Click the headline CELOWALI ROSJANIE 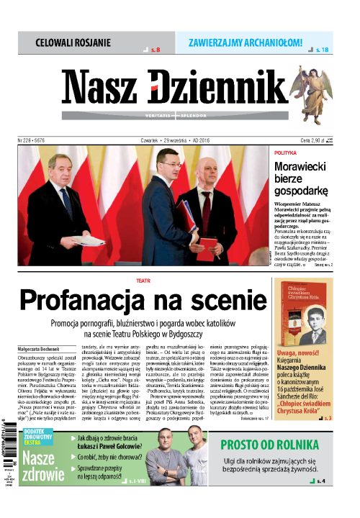[x=73, y=42]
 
